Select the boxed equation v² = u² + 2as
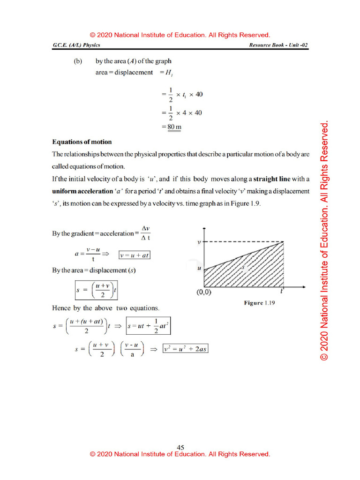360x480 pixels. pos(185,349)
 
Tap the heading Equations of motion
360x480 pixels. pos(82,142)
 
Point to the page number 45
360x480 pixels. pos(180,447)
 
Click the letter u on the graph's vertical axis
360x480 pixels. pos(199,269)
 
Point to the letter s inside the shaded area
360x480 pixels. pos(243,267)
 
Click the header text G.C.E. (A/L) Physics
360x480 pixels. pos(76,45)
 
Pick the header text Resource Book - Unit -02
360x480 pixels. pos(279,45)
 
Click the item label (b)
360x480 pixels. pos(78,61)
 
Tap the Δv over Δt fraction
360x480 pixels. pos(145,233)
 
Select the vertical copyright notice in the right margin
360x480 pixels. pos(324,241)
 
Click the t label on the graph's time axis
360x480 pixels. pos(282,291)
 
